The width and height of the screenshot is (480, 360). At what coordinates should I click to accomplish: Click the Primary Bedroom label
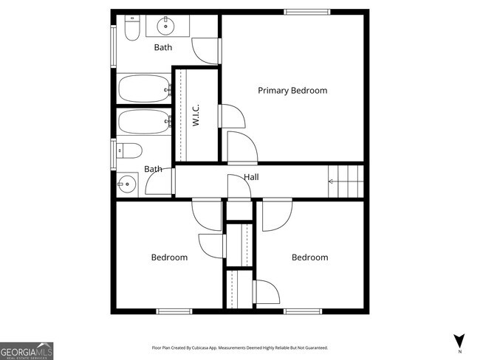292,91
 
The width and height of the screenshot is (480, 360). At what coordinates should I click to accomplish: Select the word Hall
251,177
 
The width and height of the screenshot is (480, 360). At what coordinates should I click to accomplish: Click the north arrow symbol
459,340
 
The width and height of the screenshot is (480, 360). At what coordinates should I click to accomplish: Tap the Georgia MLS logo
27,350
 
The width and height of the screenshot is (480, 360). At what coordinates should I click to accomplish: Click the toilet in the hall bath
130,151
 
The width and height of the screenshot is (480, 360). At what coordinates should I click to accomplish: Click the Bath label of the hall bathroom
153,170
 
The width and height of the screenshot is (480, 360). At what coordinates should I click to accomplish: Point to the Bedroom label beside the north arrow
309,257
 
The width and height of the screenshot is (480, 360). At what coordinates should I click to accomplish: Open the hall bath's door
161,183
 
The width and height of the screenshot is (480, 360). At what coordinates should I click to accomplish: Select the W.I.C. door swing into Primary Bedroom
232,118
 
